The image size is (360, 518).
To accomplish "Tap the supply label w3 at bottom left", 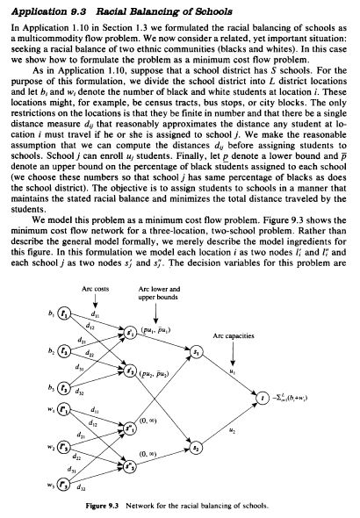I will tap(50, 483).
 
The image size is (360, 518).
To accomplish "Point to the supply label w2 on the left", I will tap(50, 445).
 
